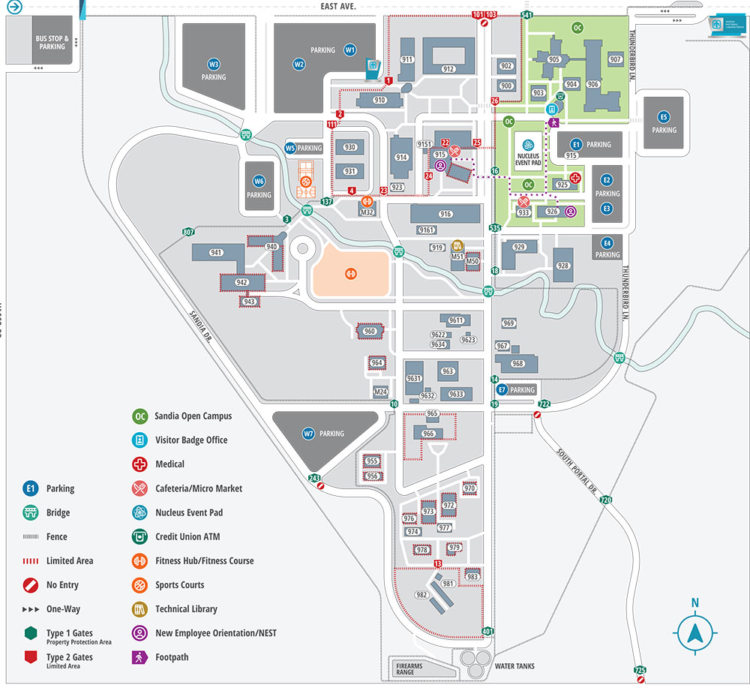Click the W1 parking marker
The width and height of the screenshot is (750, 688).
point(349,50)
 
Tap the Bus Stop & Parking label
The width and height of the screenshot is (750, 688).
point(52,42)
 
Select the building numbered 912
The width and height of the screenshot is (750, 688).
point(448,69)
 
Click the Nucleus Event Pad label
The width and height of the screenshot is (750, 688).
point(528,160)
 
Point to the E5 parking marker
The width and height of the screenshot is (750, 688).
point(663,117)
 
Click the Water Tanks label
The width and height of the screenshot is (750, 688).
point(514,666)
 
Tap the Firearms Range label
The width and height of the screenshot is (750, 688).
point(410,669)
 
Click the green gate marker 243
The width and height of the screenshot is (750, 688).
point(314,478)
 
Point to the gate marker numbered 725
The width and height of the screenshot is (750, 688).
point(640,669)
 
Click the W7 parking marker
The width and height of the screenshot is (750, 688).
point(308,433)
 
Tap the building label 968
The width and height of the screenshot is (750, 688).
point(517,364)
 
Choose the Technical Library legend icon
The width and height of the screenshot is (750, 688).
point(139,608)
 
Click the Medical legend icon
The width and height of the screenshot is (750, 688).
point(139,464)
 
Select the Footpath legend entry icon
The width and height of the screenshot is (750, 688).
point(139,657)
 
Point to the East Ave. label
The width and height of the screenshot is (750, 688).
point(338,6)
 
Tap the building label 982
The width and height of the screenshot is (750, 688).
point(421,595)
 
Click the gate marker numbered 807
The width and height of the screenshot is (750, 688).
point(188,233)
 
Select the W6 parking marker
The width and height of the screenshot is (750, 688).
point(259,181)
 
